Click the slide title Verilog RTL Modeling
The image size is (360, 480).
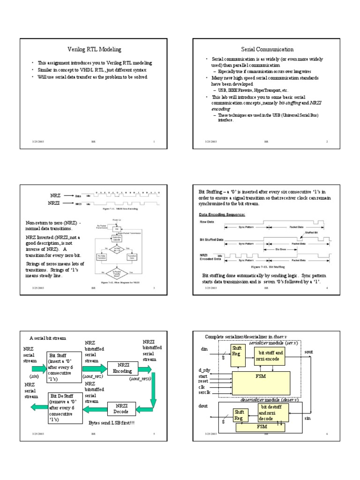[x=92, y=49]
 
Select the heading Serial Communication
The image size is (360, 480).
[x=267, y=49]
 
